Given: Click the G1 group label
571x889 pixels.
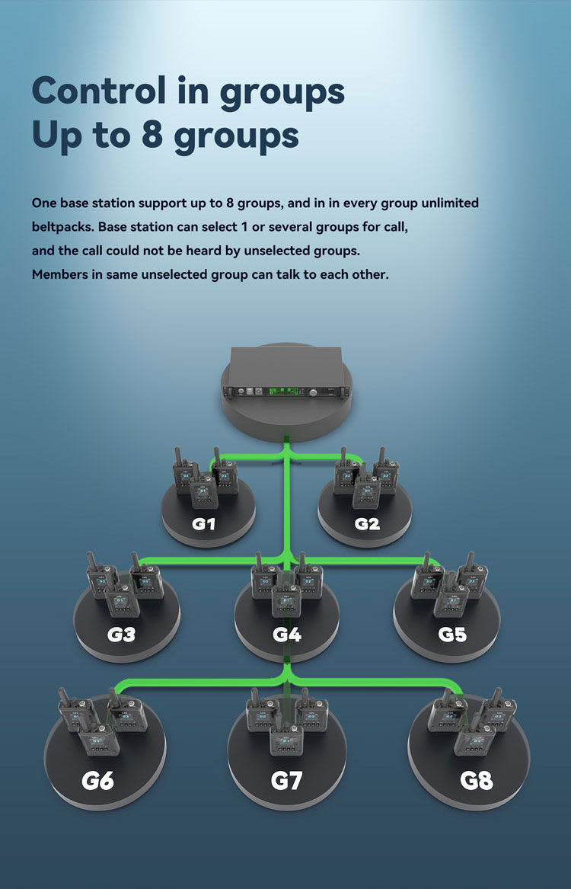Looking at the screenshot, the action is pyautogui.click(x=204, y=524).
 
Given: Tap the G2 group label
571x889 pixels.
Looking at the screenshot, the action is pyautogui.click(x=366, y=524).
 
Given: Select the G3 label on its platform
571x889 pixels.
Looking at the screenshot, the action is pyautogui.click(x=121, y=634).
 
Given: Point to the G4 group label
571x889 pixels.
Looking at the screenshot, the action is pyautogui.click(x=286, y=634).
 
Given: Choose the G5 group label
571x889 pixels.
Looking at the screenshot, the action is pyautogui.click(x=452, y=634).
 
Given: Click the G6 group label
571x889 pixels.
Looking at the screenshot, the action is pyautogui.click(x=97, y=781).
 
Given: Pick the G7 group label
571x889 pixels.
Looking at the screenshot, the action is pyautogui.click(x=286, y=781).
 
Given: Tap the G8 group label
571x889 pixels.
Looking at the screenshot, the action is pyautogui.click(x=477, y=781).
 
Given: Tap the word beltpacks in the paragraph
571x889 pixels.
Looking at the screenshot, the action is pyautogui.click(x=62, y=227).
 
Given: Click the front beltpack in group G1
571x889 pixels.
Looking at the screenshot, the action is pyautogui.click(x=204, y=490).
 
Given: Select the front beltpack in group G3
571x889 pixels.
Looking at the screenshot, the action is pyautogui.click(x=123, y=597).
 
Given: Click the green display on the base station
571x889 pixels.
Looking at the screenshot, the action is pyautogui.click(x=283, y=392).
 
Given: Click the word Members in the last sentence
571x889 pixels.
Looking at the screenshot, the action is pyautogui.click(x=59, y=274).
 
